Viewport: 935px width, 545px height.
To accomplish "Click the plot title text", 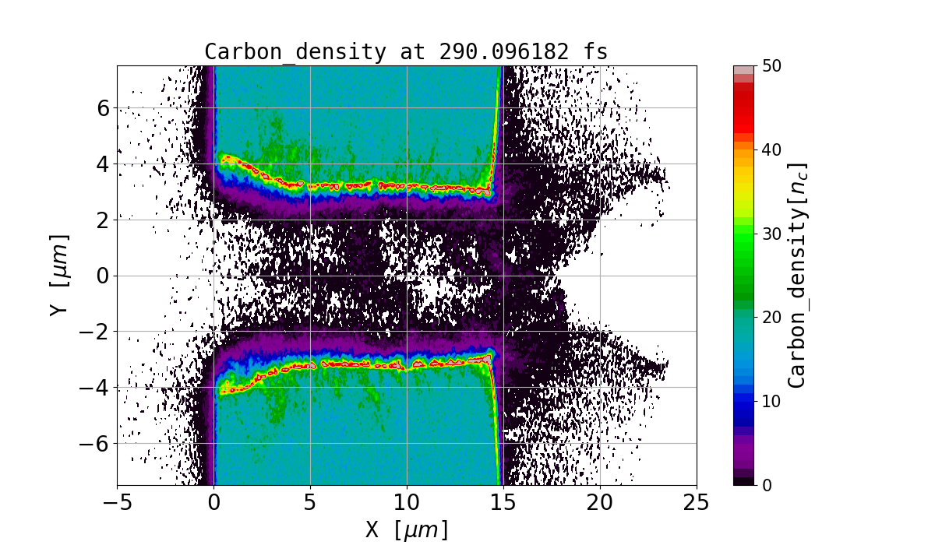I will [x=406, y=52].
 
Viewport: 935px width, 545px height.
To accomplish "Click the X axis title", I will [x=407, y=529].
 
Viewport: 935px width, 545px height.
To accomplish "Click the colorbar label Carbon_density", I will [x=797, y=275].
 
